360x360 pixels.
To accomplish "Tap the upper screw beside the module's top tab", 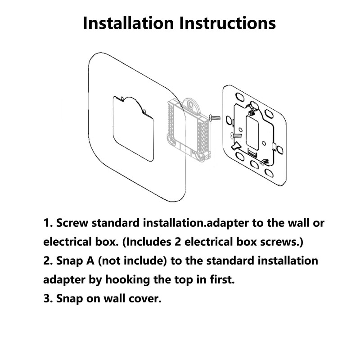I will click(214, 118).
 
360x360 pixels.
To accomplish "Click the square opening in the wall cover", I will click(132, 128).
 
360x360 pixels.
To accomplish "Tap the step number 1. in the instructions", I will click(48, 223).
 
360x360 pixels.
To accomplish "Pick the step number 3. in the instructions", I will click(48, 298).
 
